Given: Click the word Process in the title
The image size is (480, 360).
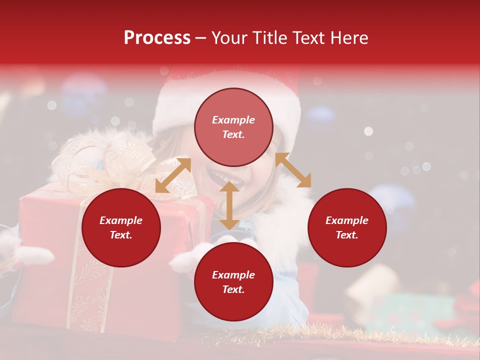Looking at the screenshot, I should click(x=157, y=38).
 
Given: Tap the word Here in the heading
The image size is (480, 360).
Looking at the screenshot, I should click(x=349, y=38).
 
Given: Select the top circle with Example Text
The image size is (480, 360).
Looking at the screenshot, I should click(x=233, y=127).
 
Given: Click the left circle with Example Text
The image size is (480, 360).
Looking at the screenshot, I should click(x=121, y=227).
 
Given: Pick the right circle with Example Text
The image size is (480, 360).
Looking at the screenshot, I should click(x=347, y=227).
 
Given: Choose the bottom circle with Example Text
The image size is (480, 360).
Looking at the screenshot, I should click(x=233, y=282).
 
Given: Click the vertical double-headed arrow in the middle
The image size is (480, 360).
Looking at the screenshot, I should click(x=229, y=205).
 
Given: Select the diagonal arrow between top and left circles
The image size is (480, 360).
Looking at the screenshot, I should click(x=173, y=175).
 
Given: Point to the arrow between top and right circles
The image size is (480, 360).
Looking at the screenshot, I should click(x=293, y=170).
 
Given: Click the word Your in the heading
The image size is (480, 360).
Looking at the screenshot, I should click(x=230, y=38).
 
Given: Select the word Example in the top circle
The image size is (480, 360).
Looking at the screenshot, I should click(x=233, y=120).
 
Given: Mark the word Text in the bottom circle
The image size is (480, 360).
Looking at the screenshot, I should click(x=233, y=289).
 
